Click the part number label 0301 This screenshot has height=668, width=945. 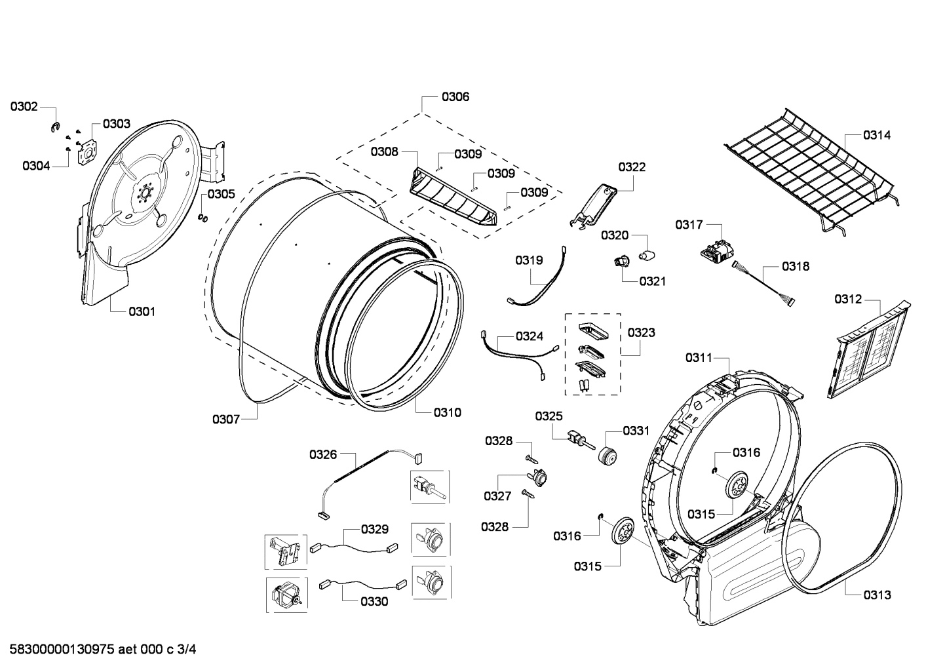[x=142, y=311]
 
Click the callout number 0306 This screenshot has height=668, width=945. [x=455, y=97]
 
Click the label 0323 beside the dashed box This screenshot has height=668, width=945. [x=641, y=332]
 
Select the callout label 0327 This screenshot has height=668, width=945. [x=497, y=496]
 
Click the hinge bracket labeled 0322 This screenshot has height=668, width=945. [x=594, y=206]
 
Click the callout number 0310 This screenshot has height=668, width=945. [x=447, y=412]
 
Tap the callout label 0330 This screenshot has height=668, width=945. [x=374, y=601]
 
